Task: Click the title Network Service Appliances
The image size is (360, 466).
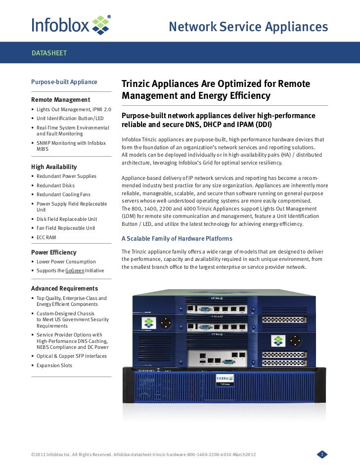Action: click(x=248, y=27)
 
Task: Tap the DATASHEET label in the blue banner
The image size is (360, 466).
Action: click(x=49, y=52)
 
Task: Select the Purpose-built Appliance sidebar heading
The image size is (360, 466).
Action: click(x=64, y=82)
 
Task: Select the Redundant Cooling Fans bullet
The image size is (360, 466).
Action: click(x=64, y=194)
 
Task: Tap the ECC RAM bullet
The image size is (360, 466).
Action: click(x=46, y=237)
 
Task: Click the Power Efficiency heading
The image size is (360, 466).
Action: click(x=54, y=252)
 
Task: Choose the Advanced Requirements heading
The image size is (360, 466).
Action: click(x=64, y=288)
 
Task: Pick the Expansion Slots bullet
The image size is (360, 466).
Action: click(x=54, y=366)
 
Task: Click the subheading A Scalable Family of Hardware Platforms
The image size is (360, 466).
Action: click(x=177, y=239)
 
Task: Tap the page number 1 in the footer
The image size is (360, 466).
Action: click(x=321, y=454)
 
